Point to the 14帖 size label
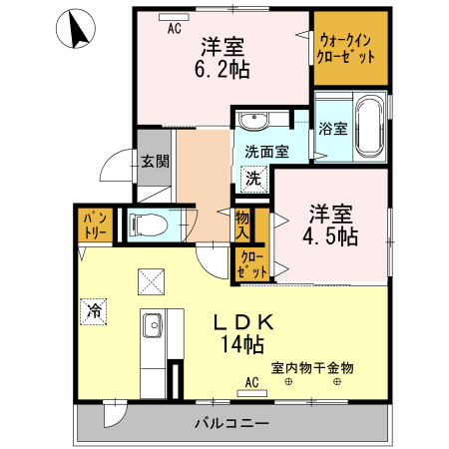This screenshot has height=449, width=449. pyautogui.click(x=242, y=345)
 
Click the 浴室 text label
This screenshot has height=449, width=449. pyautogui.click(x=332, y=129)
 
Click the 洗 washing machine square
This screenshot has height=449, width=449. pyautogui.click(x=253, y=180)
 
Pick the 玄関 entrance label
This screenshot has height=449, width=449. pyautogui.click(x=154, y=161)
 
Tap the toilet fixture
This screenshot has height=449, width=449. pyautogui.click(x=148, y=224)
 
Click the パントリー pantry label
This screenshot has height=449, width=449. pyautogui.click(x=94, y=224)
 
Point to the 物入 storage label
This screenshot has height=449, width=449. pyautogui.click(x=242, y=223)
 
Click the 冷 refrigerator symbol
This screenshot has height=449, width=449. pyautogui.click(x=93, y=310)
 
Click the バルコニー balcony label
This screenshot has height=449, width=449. pyautogui.click(x=230, y=424)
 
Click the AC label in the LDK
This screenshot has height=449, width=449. pyautogui.click(x=251, y=382)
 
